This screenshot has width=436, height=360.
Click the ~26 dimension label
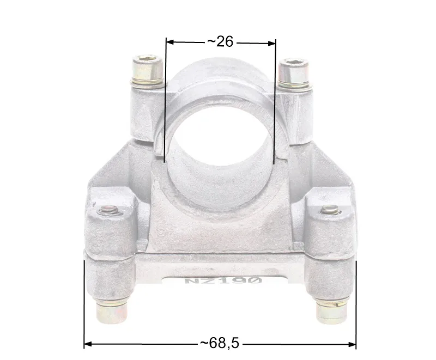(220, 42)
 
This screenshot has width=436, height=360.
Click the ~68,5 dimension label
(220, 343)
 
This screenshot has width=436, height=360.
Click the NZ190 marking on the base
(223, 280)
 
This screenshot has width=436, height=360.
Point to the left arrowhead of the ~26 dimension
(169, 42)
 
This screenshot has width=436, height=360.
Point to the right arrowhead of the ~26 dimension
(271, 43)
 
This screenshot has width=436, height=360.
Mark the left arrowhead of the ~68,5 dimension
(88, 344)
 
